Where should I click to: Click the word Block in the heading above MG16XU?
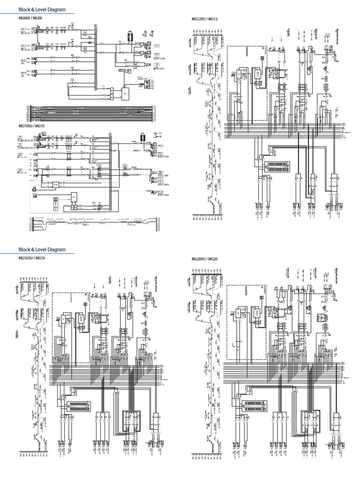(24, 249)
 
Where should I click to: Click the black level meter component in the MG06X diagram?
(131, 37)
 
